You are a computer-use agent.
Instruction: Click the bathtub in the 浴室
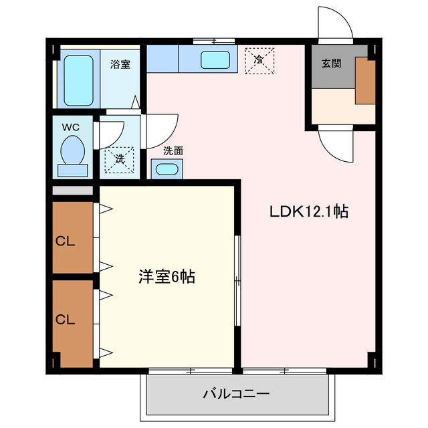(78, 80)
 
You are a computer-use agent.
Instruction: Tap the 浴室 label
(120, 64)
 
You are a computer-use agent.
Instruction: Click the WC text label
(71, 127)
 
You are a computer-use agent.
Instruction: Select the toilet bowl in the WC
(73, 150)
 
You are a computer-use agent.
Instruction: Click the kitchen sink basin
(215, 60)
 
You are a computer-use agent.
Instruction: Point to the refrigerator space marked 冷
(259, 61)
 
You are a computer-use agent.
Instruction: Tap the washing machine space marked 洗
(119, 160)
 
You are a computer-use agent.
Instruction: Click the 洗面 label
(173, 151)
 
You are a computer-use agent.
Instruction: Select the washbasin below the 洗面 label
(167, 169)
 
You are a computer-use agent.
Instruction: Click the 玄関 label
(331, 64)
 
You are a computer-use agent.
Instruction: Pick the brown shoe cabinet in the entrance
(365, 80)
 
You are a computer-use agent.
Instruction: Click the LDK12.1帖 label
(309, 211)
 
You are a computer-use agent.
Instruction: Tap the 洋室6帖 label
(167, 276)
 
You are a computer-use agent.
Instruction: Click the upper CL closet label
(65, 241)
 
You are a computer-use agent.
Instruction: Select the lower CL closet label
(65, 320)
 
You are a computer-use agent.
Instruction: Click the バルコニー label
(236, 394)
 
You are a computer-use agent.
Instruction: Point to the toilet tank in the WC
(73, 171)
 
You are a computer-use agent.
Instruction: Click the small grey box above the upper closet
(73, 191)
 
